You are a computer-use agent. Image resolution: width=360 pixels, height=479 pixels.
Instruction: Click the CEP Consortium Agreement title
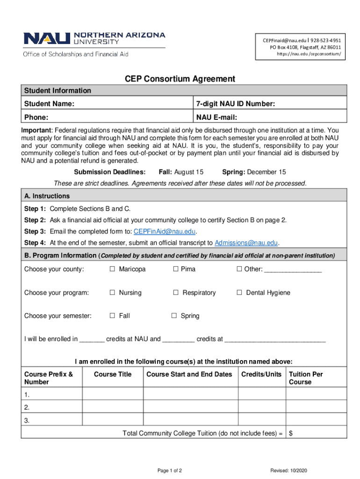pos(180,79)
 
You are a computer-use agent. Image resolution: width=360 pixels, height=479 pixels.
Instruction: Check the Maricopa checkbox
pos(112,269)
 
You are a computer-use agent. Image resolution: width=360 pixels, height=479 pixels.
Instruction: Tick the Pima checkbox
pos(176,269)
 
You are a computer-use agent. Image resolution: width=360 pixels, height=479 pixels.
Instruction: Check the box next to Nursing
pos(112,293)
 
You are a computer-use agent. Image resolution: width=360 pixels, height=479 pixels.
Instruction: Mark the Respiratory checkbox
pos(176,293)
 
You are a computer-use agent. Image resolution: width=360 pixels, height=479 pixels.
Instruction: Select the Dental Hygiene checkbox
pos(239,293)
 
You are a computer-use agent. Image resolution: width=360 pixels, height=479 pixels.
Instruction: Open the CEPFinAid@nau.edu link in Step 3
pos(165,232)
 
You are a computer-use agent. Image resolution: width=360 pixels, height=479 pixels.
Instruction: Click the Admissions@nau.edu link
pos(246,243)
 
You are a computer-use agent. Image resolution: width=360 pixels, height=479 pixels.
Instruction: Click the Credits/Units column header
pos(261,374)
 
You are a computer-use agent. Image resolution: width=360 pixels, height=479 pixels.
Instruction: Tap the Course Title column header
pos(113,374)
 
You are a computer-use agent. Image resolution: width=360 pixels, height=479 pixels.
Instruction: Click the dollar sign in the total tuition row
pos(291,433)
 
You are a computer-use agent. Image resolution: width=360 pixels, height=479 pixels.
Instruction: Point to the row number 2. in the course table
pos(27,407)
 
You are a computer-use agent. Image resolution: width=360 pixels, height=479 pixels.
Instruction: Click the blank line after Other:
pos(293,270)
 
